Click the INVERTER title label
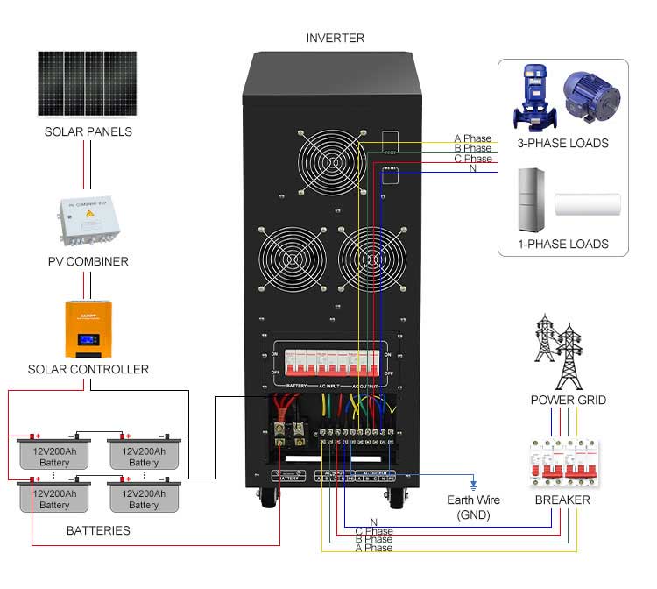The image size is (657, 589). click(335, 38)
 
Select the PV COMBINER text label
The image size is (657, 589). click(88, 261)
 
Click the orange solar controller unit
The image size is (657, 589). click(88, 329)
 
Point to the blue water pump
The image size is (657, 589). click(534, 96)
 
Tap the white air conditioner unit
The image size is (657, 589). click(588, 204)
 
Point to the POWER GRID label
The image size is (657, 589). click(569, 400)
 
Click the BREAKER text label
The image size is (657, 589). click(562, 500)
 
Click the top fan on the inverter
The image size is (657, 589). click(331, 164)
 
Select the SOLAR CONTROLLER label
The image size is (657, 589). click(88, 369)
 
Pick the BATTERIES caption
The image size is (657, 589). click(98, 530)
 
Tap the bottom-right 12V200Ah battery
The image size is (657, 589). click(144, 498)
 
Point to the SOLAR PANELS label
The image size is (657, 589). click(88, 131)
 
